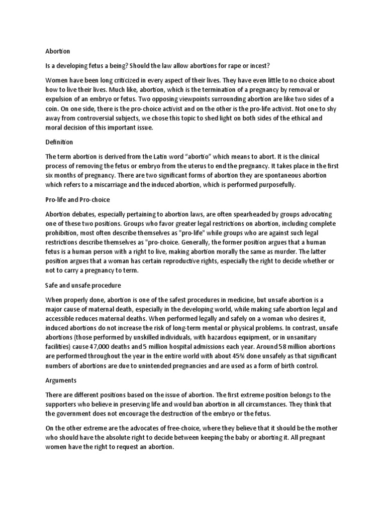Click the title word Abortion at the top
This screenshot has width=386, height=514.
coord(58,51)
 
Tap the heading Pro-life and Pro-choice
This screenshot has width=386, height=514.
coord(77,200)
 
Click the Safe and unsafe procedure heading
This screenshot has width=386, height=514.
coord(83,286)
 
